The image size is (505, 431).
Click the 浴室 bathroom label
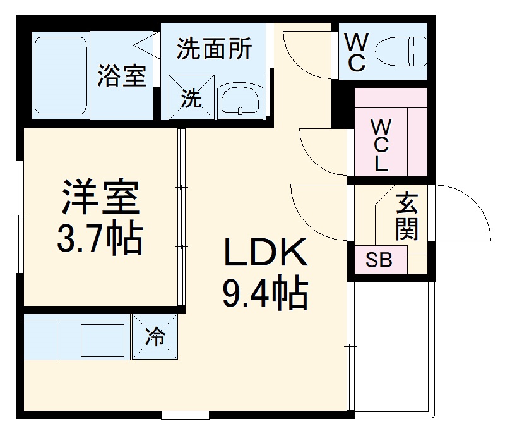click(x=122, y=76)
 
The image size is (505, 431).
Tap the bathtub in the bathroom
click(x=61, y=75)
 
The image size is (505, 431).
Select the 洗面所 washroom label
click(x=214, y=49)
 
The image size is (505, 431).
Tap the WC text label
click(x=357, y=52)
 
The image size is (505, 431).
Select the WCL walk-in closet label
click(x=381, y=145)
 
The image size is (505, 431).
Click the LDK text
click(x=264, y=254)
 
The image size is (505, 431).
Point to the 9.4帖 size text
click(x=264, y=293)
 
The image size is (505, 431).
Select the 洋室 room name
click(x=100, y=198)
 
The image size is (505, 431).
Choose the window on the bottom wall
click(x=185, y=415)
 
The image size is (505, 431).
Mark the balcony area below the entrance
click(x=391, y=348)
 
